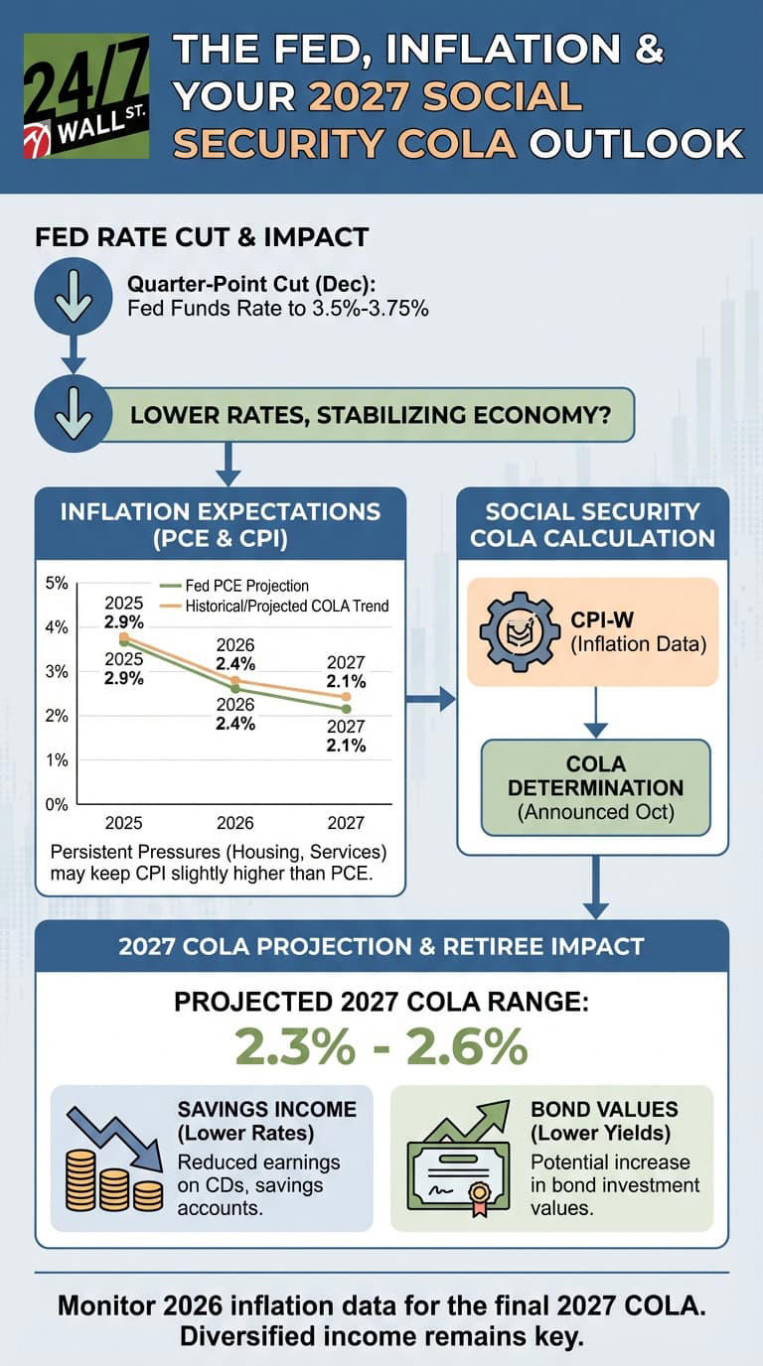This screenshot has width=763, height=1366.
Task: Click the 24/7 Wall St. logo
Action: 85,95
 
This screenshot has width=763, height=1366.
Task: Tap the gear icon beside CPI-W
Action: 521,630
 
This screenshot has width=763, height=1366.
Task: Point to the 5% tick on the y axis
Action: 57,583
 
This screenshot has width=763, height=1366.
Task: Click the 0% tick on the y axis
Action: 57,804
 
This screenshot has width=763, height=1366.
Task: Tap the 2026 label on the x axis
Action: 235,823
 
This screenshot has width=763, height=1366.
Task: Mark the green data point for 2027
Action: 346,708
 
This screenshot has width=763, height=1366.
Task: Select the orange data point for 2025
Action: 124,637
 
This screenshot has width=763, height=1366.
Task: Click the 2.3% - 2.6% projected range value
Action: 381,1045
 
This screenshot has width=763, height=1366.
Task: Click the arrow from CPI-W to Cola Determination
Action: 595,713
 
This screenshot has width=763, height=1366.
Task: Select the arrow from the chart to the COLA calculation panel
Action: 432,701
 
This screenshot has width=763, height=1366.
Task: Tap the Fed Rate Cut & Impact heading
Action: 202,237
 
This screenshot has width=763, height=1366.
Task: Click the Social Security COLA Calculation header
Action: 593,524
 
